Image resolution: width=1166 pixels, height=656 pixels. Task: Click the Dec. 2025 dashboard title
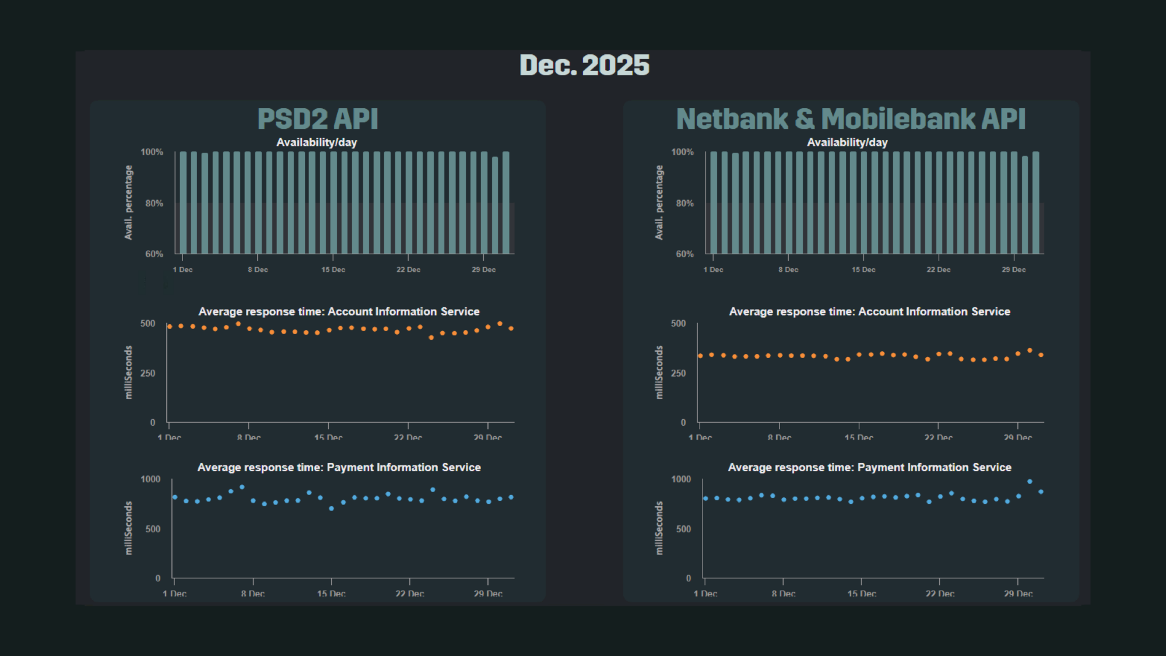pyautogui.click(x=584, y=65)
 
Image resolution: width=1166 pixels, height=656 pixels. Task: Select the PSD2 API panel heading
pyautogui.click(x=318, y=119)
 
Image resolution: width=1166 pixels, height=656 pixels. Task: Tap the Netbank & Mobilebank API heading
pyautogui.click(x=851, y=119)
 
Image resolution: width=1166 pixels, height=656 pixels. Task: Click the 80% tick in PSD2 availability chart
pyautogui.click(x=154, y=204)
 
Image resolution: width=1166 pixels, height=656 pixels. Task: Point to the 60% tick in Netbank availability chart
pyautogui.click(x=684, y=254)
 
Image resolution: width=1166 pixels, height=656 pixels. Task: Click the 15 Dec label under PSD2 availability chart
pyautogui.click(x=333, y=270)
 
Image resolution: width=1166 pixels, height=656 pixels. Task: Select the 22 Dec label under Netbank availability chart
pyautogui.click(x=938, y=270)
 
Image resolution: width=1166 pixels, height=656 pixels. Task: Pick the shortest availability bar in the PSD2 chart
pyautogui.click(x=495, y=205)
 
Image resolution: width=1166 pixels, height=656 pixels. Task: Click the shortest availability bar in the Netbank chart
pyautogui.click(x=1025, y=205)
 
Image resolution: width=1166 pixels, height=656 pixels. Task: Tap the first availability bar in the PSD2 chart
pyautogui.click(x=183, y=203)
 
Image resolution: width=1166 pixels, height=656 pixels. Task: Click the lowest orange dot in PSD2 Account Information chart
pyautogui.click(x=431, y=338)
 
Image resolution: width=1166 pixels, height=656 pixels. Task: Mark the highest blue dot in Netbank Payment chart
pyautogui.click(x=1030, y=482)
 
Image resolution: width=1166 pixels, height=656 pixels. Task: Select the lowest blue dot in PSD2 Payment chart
pyautogui.click(x=331, y=508)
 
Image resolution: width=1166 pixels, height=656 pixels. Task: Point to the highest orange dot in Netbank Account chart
pyautogui.click(x=1030, y=350)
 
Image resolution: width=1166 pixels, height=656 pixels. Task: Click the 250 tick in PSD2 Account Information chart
pyautogui.click(x=148, y=373)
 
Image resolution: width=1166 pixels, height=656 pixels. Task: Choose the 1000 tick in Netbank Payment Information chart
pyautogui.click(x=680, y=479)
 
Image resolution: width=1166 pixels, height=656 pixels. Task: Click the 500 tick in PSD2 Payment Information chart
pyautogui.click(x=153, y=529)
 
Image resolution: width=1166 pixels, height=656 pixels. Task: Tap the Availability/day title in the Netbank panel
pyautogui.click(x=847, y=142)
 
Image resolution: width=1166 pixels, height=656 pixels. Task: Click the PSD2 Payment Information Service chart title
pyautogui.click(x=339, y=468)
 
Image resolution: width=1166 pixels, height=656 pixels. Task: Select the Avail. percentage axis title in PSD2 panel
pyautogui.click(x=129, y=202)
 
